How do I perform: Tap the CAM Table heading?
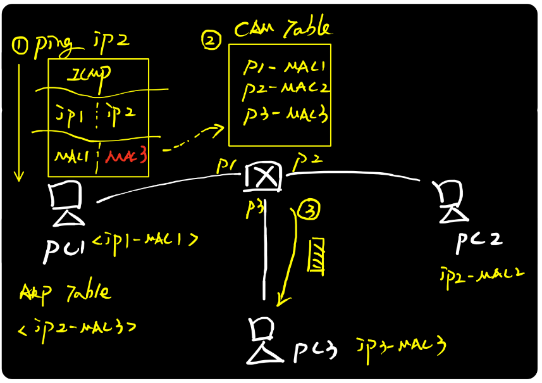(x=282, y=28)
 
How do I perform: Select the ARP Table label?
(x=65, y=293)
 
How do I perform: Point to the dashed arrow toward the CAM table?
(x=192, y=141)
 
